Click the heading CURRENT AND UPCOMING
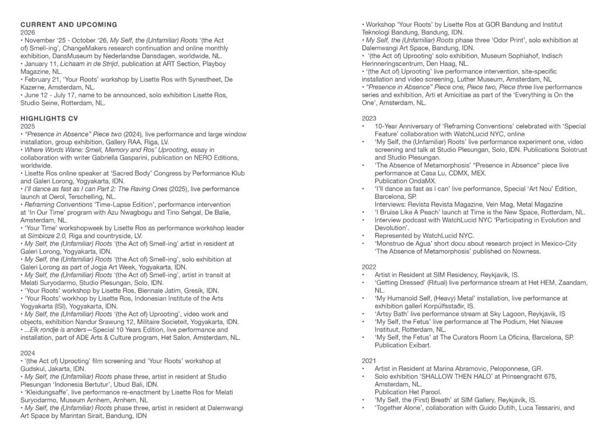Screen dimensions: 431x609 68,24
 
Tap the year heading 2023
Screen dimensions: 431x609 369,118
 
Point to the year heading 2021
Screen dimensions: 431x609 369,361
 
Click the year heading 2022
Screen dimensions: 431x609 369,267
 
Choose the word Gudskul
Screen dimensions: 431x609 34,368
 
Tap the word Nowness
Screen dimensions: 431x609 524,251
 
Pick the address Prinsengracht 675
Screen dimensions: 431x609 536,376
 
